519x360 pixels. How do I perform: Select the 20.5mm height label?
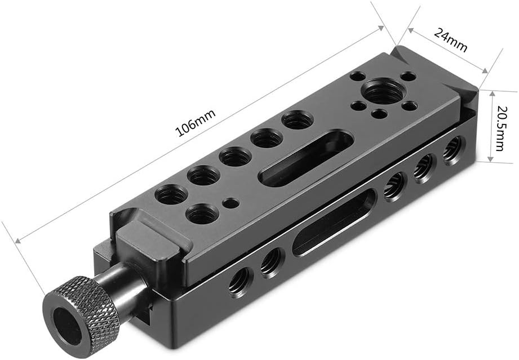point(499,126)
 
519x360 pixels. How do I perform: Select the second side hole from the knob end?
point(272,261)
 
